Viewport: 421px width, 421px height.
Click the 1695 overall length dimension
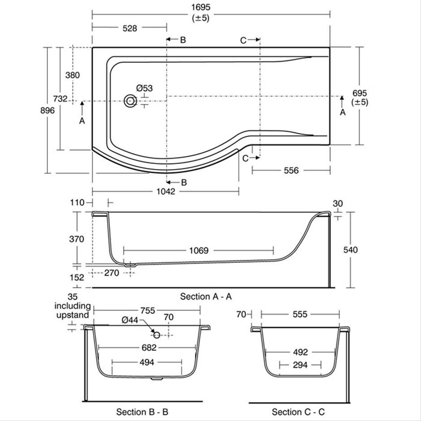(x=201, y=7)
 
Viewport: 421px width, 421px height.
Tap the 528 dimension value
(x=130, y=28)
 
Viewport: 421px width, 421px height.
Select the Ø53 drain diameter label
(x=145, y=88)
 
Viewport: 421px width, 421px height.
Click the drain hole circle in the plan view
(x=130, y=101)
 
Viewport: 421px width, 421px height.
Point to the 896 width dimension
(x=47, y=110)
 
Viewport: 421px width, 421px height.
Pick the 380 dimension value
(x=73, y=75)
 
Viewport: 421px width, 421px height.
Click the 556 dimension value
(x=291, y=171)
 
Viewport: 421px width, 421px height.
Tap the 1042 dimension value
(x=166, y=191)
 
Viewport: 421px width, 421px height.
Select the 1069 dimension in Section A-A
(x=199, y=250)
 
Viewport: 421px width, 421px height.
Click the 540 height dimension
(x=351, y=250)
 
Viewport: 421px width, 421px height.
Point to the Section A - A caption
(x=206, y=296)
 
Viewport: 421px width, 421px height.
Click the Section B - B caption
(x=142, y=412)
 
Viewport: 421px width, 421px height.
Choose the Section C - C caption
(x=298, y=412)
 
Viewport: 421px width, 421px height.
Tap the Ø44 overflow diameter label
(x=130, y=320)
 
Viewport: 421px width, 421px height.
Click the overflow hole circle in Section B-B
(x=157, y=335)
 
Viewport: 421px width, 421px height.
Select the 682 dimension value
(x=149, y=348)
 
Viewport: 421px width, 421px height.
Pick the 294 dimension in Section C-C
(x=300, y=365)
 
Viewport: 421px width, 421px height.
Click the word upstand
(x=73, y=315)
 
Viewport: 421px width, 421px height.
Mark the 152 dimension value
(x=77, y=277)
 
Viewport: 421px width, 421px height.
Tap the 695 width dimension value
(x=360, y=93)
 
